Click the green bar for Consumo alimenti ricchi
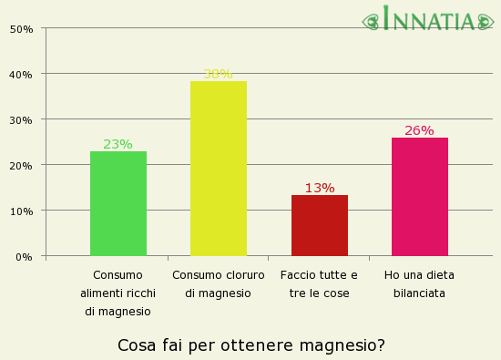(x=118, y=203)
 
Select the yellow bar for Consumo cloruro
(x=219, y=169)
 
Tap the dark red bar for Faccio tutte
(x=320, y=225)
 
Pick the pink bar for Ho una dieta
(x=420, y=197)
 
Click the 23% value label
(x=118, y=144)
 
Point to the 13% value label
(x=320, y=188)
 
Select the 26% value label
(x=419, y=130)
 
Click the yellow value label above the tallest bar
(x=218, y=74)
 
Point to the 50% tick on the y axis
(x=21, y=28)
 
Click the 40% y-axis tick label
(x=21, y=74)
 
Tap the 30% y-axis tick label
(x=21, y=119)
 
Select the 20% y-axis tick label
(x=21, y=165)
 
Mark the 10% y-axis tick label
(x=21, y=211)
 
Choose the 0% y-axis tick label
(x=24, y=256)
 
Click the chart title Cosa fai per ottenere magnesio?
(x=251, y=345)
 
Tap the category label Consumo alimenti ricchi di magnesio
(x=118, y=293)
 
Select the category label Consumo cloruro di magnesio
(x=219, y=283)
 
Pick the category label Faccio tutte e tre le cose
(x=319, y=283)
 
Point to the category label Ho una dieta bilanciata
(x=419, y=283)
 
